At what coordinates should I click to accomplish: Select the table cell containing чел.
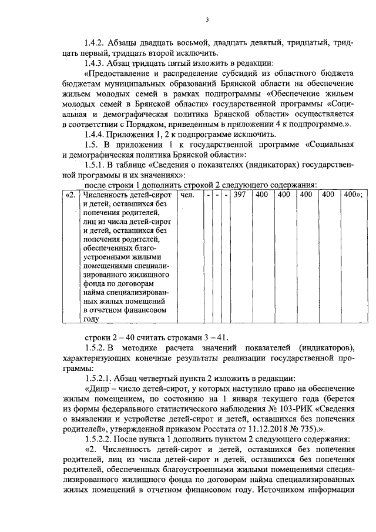tap(188, 195)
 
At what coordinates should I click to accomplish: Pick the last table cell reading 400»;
tap(353, 195)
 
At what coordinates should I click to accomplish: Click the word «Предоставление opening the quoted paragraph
tap(120, 73)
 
